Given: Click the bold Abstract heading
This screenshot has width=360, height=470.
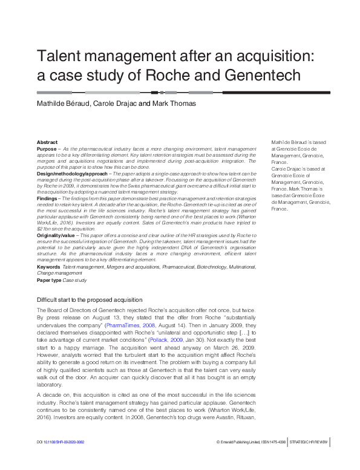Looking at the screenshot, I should (47, 142).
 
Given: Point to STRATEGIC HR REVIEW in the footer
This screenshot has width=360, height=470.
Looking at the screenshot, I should (310, 460).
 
